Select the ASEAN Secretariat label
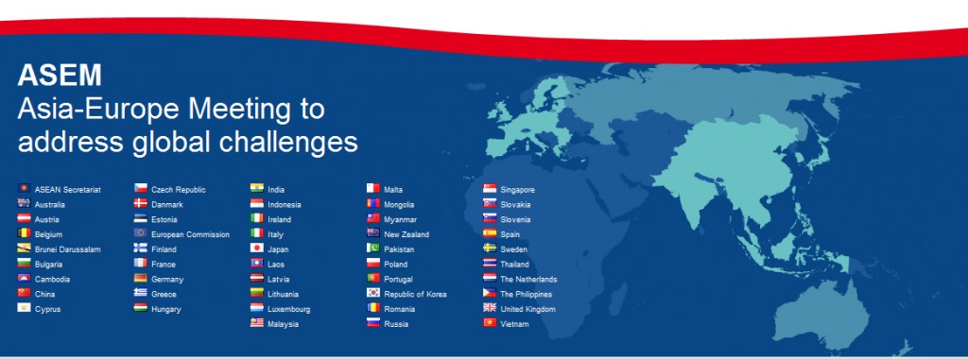click(x=67, y=189)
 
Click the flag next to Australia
click(x=23, y=204)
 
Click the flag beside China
click(x=23, y=294)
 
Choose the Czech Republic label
click(x=179, y=189)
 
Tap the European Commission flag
click(x=140, y=233)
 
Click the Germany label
click(x=167, y=280)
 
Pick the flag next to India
click(x=256, y=189)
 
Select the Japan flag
click(x=256, y=249)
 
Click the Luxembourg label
click(x=289, y=309)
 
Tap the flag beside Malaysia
click(x=256, y=324)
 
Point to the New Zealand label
click(x=406, y=234)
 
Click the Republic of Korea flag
click(x=373, y=294)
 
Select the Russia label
click(x=396, y=324)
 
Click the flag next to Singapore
click(x=490, y=189)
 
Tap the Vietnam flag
click(x=490, y=324)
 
